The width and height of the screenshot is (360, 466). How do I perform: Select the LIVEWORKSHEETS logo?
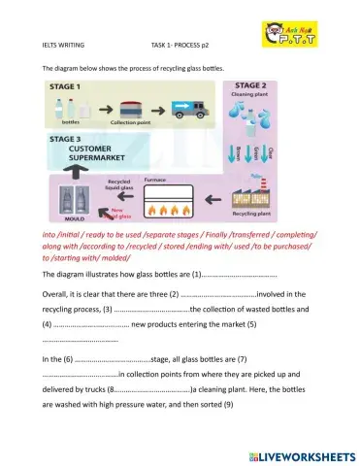coord(303,455)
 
